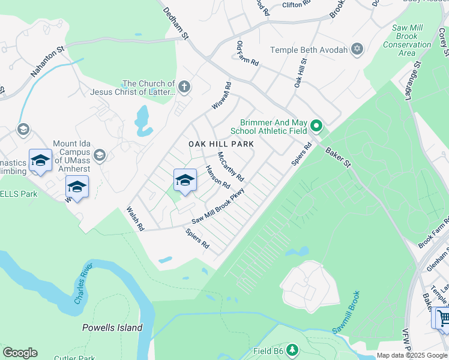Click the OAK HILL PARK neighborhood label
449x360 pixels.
(x=221, y=144)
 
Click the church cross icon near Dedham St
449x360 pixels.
(x=184, y=88)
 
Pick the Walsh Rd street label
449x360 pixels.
(x=136, y=219)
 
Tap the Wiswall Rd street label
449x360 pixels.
(x=221, y=96)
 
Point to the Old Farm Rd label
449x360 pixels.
(x=247, y=53)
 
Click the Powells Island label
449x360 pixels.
(x=112, y=328)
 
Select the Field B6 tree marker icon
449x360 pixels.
(x=292, y=349)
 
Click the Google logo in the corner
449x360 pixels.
(x=20, y=353)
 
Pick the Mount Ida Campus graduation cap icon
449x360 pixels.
(x=100, y=155)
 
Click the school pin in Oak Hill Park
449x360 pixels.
(x=185, y=180)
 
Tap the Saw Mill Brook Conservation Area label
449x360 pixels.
(x=407, y=40)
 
